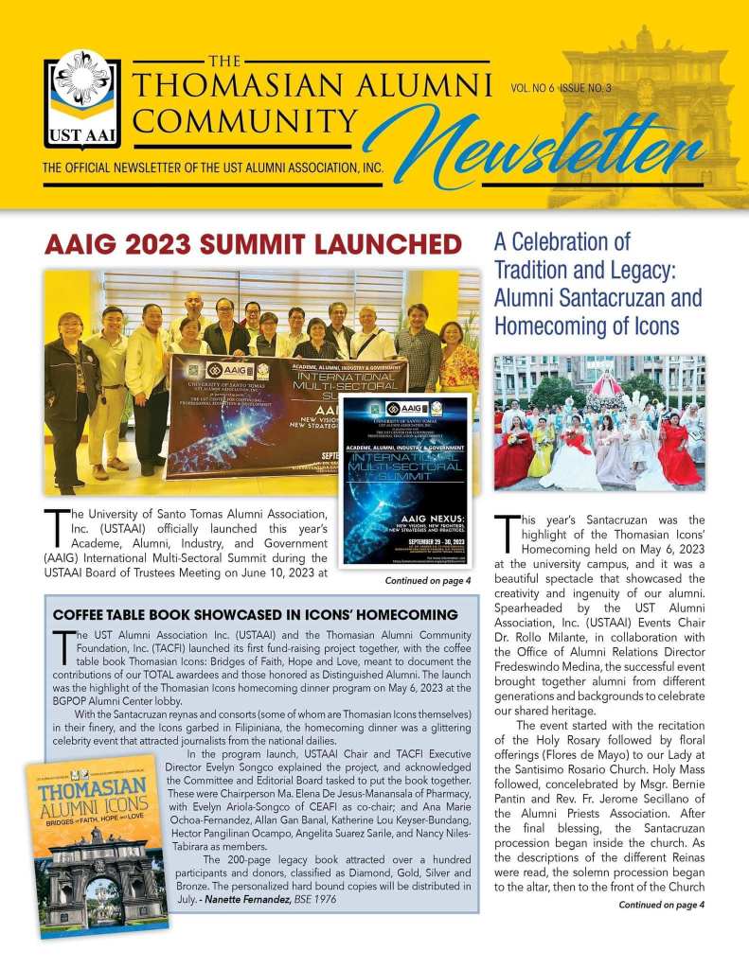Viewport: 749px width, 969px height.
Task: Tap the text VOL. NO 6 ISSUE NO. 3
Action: pyautogui.click(x=561, y=87)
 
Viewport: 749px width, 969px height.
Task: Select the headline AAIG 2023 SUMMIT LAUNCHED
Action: pyautogui.click(x=253, y=244)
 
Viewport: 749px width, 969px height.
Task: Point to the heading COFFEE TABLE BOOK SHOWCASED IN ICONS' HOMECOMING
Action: pyautogui.click(x=255, y=615)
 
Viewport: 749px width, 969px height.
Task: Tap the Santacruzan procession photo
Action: pyautogui.click(x=599, y=423)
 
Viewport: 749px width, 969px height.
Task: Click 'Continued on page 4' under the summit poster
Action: pyautogui.click(x=428, y=580)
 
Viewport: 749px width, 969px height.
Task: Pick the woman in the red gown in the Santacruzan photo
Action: pyautogui.click(x=513, y=457)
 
